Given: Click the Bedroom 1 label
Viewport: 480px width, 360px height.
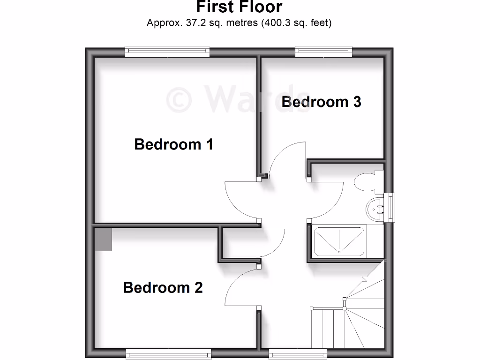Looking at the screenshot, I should click(x=173, y=144).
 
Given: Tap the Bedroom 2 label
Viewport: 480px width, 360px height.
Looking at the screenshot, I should click(x=163, y=287).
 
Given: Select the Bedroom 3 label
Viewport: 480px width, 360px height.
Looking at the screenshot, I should click(x=321, y=102).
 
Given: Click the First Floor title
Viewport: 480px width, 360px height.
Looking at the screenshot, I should click(x=239, y=7).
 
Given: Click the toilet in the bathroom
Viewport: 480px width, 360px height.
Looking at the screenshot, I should click(x=366, y=182).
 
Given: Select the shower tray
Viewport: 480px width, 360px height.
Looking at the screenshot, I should click(x=338, y=242).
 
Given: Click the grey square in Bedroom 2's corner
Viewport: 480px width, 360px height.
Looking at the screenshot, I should click(x=103, y=240).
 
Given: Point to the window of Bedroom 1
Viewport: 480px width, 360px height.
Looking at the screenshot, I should click(x=167, y=52).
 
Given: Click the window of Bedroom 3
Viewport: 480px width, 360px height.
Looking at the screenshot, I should click(x=323, y=52).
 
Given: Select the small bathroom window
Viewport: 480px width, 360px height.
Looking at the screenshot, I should click(x=390, y=208).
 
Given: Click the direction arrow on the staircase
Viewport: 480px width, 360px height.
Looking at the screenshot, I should click(x=364, y=279).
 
